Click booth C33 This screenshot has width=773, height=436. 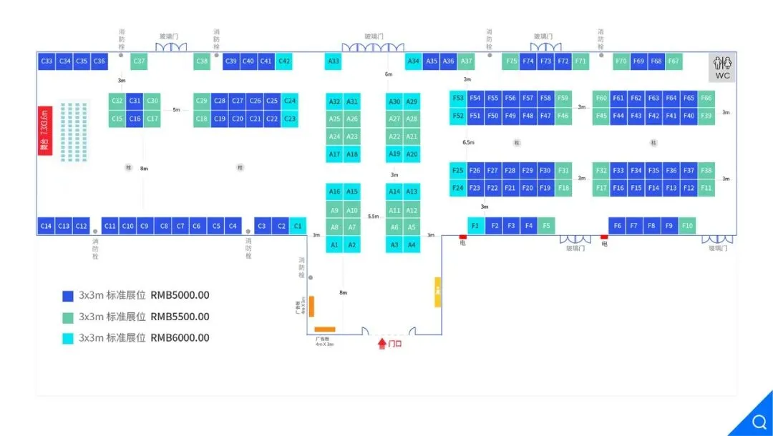click(47, 61)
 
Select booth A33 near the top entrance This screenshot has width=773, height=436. click(334, 61)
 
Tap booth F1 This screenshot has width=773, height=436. click(476, 226)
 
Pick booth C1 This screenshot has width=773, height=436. click(298, 226)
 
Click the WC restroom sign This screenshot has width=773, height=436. click(723, 68)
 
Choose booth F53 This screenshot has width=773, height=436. click(458, 98)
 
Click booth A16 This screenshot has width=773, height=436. click(334, 192)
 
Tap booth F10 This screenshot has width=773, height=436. click(687, 226)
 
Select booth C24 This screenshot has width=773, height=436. click(290, 101)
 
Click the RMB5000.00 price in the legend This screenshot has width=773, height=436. click(180, 295)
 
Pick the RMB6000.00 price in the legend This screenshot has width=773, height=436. click(180, 337)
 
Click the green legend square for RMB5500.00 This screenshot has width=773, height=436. click(68, 317)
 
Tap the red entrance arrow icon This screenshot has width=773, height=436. click(382, 344)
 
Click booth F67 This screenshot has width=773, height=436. click(674, 61)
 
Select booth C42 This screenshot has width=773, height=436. click(284, 61)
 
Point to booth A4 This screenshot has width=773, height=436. click(412, 245)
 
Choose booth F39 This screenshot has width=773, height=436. click(706, 116)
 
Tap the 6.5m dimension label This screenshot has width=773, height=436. click(469, 142)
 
